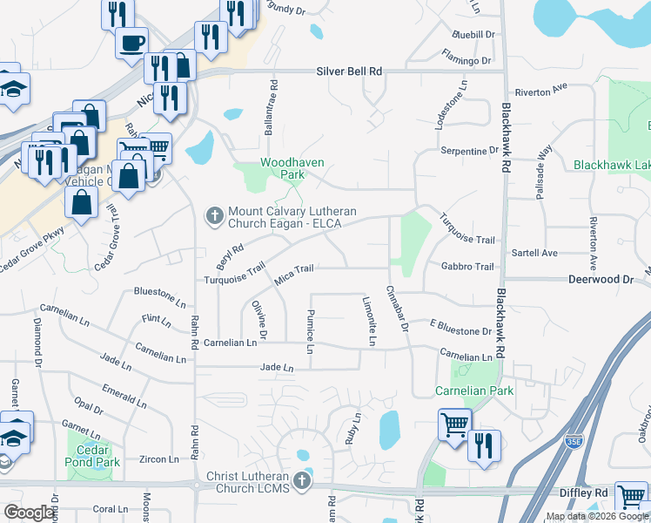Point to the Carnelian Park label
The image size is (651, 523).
point(475,391)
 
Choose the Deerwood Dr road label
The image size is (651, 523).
point(601,280)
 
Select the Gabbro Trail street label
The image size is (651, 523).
point(467,267)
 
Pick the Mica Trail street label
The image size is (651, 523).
point(294,273)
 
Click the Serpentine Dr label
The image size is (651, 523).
point(469,151)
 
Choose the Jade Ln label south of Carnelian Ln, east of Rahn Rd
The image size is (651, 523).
point(277,369)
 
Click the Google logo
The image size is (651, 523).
point(30,513)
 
